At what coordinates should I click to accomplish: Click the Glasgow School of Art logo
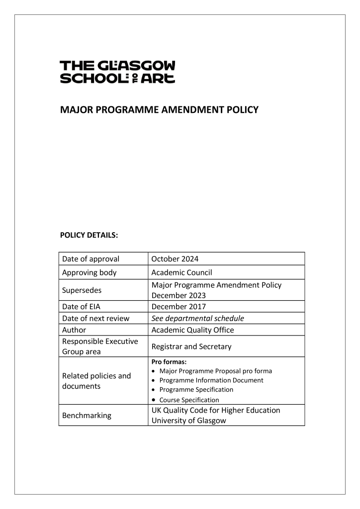117,72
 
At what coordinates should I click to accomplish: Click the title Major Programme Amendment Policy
159,109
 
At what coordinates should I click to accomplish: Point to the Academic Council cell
182,272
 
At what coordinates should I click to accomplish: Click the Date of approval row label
90,259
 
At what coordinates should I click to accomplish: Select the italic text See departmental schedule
198,318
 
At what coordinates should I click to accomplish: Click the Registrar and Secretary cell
191,346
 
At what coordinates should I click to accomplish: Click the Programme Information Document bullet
211,380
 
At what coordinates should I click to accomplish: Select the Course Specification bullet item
189,400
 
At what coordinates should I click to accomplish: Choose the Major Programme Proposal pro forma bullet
215,371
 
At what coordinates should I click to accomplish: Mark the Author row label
74,330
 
